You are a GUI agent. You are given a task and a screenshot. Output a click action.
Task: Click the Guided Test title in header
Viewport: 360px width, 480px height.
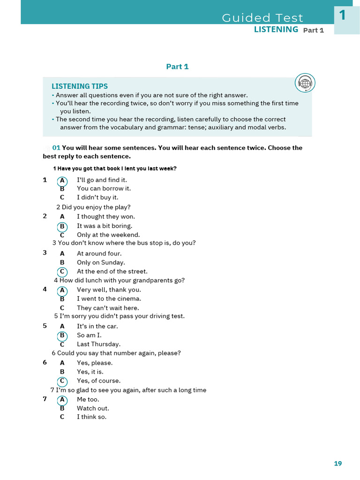pos(262,18)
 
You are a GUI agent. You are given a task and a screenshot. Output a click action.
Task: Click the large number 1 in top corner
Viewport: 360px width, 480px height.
pos(343,15)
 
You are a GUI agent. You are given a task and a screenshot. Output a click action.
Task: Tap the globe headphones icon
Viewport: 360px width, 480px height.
pos(305,83)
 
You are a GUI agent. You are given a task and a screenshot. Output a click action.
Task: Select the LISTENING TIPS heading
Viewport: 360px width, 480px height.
pos(80,86)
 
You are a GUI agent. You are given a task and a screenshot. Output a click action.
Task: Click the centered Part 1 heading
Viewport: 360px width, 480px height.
pos(177,67)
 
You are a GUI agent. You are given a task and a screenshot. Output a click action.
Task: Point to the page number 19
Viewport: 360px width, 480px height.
pos(338,464)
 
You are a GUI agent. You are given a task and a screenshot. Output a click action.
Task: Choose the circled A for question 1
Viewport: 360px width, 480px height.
pos(62,180)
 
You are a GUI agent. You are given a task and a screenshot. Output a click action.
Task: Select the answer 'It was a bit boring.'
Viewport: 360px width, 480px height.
pos(105,226)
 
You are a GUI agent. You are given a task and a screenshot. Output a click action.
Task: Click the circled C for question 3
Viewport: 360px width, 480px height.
pos(62,272)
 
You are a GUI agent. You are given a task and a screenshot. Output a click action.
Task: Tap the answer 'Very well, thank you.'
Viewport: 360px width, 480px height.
pos(109,290)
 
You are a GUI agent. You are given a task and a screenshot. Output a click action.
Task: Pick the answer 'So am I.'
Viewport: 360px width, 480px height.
pos(89,335)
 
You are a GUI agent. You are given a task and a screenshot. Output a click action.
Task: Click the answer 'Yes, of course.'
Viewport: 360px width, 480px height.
pos(98,381)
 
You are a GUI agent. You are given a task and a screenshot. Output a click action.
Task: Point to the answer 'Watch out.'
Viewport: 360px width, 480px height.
pos(93,408)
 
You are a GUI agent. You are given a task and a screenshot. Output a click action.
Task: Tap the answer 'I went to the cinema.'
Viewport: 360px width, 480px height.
pos(109,299)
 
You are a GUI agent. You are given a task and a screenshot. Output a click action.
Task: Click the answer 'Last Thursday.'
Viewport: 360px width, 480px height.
pos(98,344)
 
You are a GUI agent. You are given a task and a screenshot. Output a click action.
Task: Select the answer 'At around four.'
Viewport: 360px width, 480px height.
pos(99,254)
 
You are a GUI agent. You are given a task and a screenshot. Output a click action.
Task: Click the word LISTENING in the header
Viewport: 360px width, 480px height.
pos(276,30)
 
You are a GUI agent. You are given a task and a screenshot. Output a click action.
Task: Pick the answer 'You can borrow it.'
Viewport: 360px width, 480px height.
pos(104,188)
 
